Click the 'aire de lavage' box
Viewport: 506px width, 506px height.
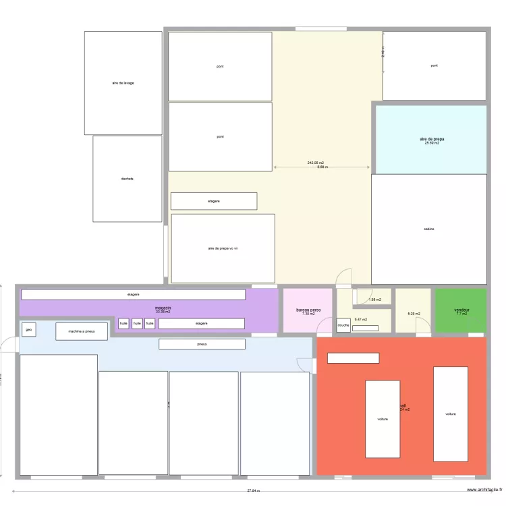pos(123,83)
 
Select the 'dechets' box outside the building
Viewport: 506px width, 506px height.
pos(127,179)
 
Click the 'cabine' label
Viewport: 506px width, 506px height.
pos(429,229)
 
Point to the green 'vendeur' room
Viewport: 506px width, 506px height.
pos(461,311)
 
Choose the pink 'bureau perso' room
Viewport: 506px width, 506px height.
pos(308,311)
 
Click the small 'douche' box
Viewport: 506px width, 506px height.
pos(343,325)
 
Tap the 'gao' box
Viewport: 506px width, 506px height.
pos(28,330)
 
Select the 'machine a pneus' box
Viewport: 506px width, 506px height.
pos(81,331)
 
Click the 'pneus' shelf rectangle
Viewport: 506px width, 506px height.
pos(202,344)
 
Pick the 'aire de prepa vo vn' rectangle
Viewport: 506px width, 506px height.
pos(223,248)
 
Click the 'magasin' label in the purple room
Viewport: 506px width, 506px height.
pos(163,308)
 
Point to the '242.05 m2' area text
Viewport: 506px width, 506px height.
pos(316,163)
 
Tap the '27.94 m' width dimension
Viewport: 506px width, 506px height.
pos(254,491)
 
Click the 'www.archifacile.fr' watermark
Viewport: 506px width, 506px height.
pos(480,491)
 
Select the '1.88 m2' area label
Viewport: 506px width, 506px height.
pos(374,300)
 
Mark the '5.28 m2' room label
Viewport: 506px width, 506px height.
pos(413,314)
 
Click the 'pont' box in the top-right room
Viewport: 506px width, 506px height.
pos(434,65)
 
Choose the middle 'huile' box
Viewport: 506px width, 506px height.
pos(137,324)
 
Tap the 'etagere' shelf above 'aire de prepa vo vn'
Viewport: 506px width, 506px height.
pos(214,201)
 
